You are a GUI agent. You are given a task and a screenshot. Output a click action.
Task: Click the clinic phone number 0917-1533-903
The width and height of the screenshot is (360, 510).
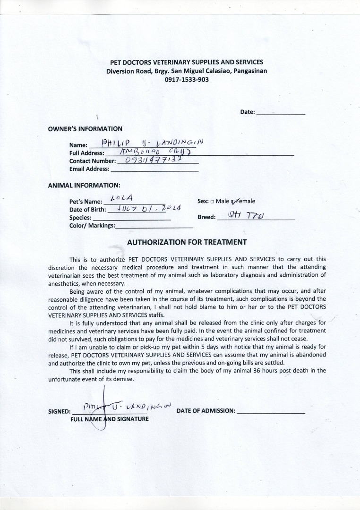(x=187, y=80)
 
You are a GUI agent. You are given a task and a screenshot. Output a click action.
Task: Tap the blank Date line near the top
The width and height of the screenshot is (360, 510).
(x=280, y=113)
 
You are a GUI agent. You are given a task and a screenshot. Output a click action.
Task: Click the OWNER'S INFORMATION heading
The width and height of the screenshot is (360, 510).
(x=85, y=129)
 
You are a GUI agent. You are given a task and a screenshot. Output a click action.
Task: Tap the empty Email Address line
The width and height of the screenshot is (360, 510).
(x=154, y=169)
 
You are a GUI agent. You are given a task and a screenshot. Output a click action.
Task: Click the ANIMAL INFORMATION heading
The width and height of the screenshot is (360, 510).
(x=84, y=186)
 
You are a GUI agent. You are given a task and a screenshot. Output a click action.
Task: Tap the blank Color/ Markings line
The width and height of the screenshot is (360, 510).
(x=154, y=226)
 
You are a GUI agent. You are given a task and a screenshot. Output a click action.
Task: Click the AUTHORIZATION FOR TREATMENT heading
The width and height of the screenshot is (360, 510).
(x=187, y=242)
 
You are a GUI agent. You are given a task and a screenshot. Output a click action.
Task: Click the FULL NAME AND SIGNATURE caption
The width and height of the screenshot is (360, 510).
(x=110, y=419)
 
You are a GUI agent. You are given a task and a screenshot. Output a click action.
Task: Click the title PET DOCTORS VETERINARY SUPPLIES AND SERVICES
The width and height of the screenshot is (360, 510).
(x=187, y=62)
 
